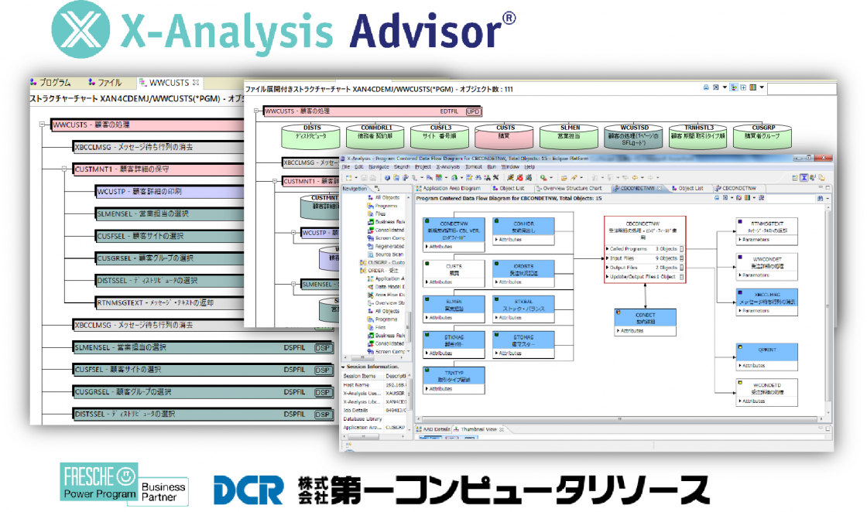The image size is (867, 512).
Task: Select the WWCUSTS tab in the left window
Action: [x=170, y=83]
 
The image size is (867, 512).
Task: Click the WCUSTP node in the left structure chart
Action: [x=139, y=191]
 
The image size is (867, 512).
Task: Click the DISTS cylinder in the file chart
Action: [x=312, y=135]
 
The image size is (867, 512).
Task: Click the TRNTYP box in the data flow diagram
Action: [x=454, y=380]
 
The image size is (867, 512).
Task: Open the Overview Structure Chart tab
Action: [x=572, y=188]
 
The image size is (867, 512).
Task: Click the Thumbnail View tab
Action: [x=480, y=429]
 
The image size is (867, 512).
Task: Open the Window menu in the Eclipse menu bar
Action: [x=509, y=166]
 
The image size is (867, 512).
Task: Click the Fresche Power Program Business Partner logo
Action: [x=125, y=483]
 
